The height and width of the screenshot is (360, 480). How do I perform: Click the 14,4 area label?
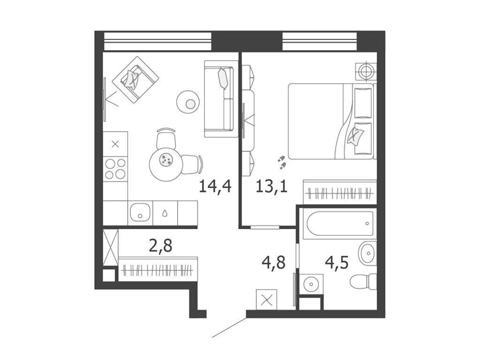coord(215,186)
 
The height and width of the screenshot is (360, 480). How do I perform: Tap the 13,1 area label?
coord(271,186)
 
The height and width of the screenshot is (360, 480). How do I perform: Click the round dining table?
coord(165,161)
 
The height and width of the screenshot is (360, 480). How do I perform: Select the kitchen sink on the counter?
coord(140,213)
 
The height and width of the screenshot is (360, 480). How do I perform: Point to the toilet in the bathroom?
coord(363,281)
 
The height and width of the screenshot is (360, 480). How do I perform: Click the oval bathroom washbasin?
coord(367,254)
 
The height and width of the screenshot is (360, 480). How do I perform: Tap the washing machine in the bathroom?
coord(309,284)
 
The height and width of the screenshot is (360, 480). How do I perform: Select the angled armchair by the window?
coord(135,79)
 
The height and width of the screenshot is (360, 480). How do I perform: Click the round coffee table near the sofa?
coord(188,102)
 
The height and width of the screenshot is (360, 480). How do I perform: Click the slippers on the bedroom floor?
coord(282,162)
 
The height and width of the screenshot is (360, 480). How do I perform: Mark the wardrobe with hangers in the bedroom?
coord(340,192)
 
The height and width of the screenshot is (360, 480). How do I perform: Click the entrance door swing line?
coord(229,328)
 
